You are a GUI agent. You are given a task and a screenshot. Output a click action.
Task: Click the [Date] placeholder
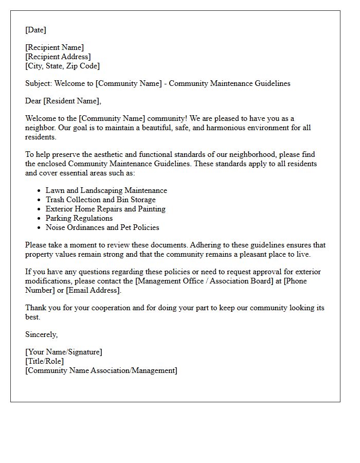tap(35, 30)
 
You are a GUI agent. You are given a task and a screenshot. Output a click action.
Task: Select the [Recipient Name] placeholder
tap(55, 47)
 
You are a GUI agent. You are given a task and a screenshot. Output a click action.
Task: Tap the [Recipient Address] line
tap(58, 57)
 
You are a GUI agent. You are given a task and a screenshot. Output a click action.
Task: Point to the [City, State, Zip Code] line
tap(62, 66)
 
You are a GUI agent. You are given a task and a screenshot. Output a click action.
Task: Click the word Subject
tap(38, 83)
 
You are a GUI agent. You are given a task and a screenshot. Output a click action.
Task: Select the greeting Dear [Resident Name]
tap(63, 101)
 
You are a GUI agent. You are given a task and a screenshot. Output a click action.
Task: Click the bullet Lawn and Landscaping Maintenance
tap(106, 190)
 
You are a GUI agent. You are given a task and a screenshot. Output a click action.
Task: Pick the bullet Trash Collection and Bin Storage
tap(100, 200)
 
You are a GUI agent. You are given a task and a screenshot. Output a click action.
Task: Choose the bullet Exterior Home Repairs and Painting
tap(105, 209)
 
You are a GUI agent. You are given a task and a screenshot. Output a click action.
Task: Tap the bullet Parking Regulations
tap(79, 218)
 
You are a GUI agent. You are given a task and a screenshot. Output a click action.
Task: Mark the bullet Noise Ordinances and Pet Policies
tap(102, 227)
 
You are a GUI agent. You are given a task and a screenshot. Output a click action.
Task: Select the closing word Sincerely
tap(41, 334)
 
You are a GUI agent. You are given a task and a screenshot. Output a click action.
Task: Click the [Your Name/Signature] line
tap(64, 352)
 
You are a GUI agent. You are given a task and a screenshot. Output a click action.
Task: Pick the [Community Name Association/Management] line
tap(101, 370)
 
